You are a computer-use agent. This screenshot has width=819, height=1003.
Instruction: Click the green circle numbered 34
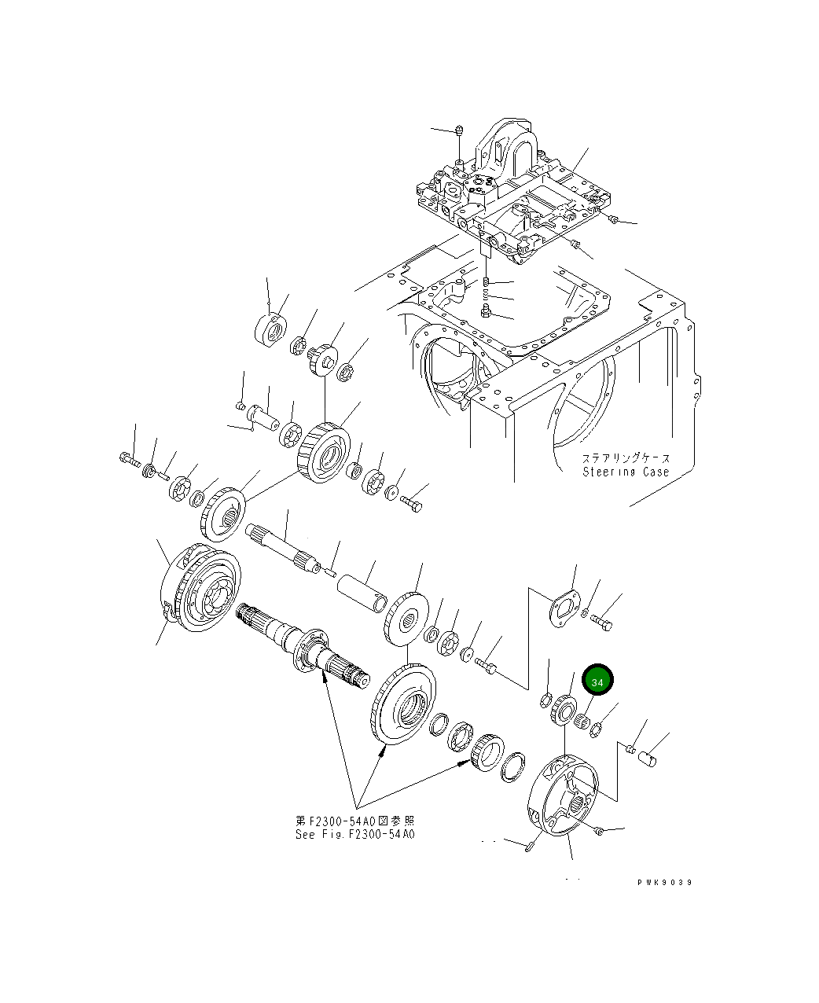click(x=597, y=682)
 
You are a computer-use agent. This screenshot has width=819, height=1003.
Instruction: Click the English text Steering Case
click(x=626, y=472)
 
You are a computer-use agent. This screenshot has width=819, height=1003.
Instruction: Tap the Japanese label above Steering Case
click(x=626, y=457)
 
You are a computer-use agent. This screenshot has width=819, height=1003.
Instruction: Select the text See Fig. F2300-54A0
click(x=354, y=834)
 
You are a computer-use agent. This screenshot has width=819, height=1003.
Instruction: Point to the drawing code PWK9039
click(x=664, y=883)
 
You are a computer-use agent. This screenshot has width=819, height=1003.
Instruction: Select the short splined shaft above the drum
click(x=283, y=546)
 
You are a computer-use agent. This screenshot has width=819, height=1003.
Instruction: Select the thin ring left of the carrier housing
click(x=513, y=766)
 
